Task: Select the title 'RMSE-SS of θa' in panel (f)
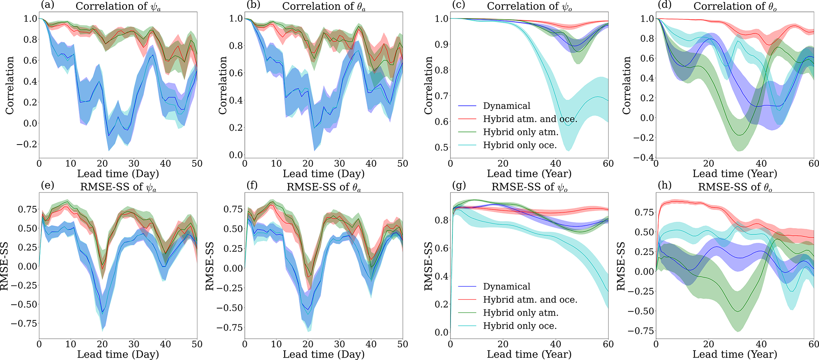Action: click(x=323, y=187)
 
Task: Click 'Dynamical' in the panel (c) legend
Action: click(x=506, y=106)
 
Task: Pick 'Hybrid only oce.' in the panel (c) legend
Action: click(x=520, y=145)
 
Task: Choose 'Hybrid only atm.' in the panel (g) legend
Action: click(x=521, y=313)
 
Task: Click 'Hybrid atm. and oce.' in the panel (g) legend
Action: click(x=530, y=300)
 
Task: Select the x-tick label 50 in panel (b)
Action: click(x=403, y=163)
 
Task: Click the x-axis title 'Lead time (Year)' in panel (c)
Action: click(x=529, y=174)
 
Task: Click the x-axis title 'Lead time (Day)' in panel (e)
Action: click(x=118, y=354)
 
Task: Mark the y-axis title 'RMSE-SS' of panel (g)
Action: click(x=429, y=266)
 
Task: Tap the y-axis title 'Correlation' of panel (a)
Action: click(x=10, y=86)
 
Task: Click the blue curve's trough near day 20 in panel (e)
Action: click(x=103, y=312)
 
